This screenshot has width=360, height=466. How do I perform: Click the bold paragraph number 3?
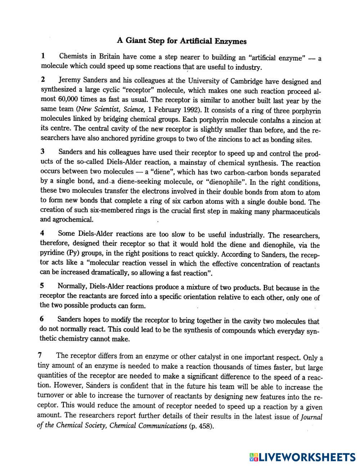tap(42, 152)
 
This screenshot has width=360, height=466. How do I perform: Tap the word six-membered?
tap(111, 210)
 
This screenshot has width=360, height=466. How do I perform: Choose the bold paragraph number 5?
tap(42, 286)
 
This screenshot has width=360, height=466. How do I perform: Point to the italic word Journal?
tap(311, 417)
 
